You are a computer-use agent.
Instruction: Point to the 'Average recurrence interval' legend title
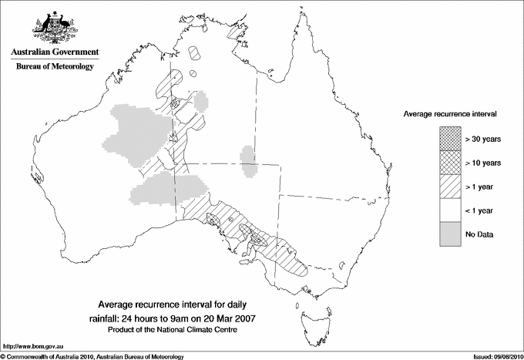point(449,113)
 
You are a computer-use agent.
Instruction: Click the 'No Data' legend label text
point(479,234)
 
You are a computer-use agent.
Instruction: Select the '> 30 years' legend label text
point(483,140)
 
